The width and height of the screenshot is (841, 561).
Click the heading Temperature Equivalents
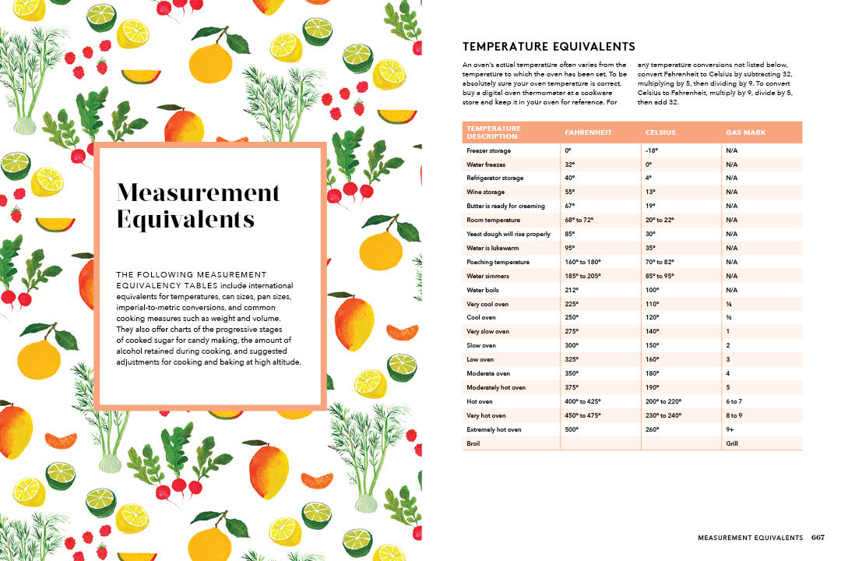pos(549,47)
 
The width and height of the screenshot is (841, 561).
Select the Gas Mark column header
pos(745,132)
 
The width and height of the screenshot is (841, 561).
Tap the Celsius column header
pos(662,132)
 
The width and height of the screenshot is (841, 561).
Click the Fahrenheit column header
pos(588,132)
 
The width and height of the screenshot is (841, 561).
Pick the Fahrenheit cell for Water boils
pos(572,290)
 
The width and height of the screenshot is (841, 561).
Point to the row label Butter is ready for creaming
pos(506,206)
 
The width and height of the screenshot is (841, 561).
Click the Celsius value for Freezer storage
pos(653,150)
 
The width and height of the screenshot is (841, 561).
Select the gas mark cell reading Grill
pos(732,443)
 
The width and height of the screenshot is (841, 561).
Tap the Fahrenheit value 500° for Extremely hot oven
pos(572,429)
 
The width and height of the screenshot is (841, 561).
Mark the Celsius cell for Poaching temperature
pos(660,262)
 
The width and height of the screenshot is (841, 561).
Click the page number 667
pos(818,538)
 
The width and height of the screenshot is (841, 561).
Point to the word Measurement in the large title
pos(198,192)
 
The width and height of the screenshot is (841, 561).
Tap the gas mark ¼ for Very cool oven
pos(728,304)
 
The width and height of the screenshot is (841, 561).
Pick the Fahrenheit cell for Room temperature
pos(579,220)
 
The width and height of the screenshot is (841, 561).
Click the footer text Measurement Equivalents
pos(750,538)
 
